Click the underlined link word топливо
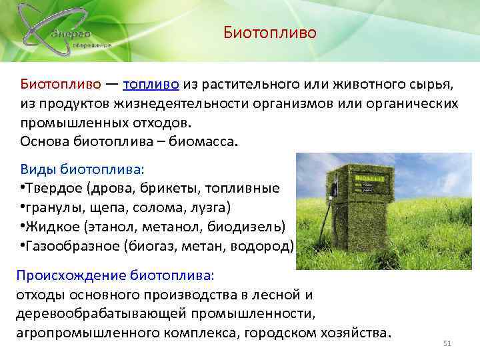[151, 85]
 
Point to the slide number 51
[447, 343]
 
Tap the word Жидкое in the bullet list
[47, 227]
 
